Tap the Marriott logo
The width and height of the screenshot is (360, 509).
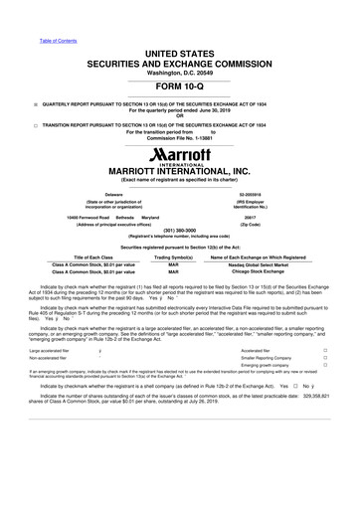point(180,160)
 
